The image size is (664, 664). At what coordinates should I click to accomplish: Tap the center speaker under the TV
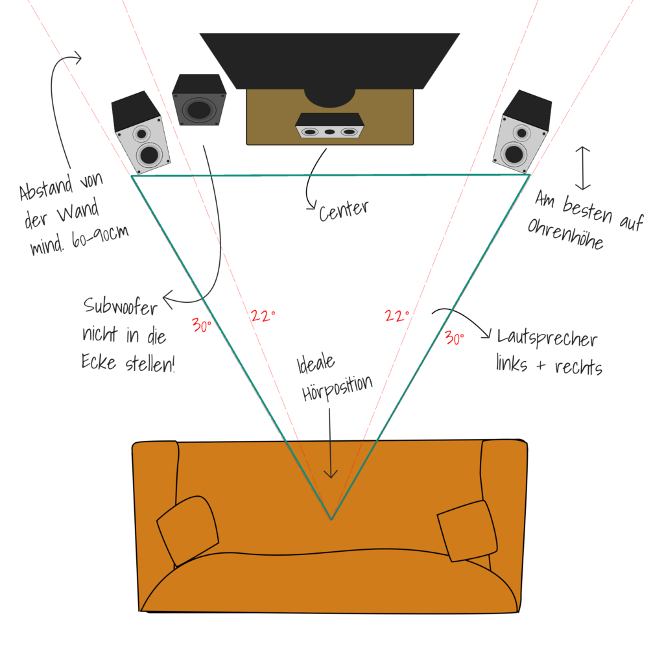pos(329,126)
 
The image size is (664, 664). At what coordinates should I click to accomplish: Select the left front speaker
pos(141,133)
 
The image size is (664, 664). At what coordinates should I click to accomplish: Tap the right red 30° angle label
pos(455,337)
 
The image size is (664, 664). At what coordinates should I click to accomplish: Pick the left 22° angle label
pos(263,316)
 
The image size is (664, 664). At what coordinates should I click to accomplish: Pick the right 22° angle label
pos(397,316)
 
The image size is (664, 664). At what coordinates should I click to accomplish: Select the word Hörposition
pos(337,388)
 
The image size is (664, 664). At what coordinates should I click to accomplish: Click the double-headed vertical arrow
pos(583,167)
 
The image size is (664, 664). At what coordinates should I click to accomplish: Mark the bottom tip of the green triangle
pos(331,519)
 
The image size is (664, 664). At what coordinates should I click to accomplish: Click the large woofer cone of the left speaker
pos(149,154)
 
